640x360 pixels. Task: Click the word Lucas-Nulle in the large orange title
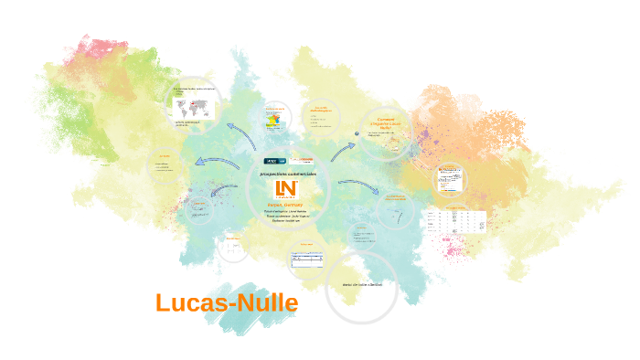pyautogui.click(x=226, y=302)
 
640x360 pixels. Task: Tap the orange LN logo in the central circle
pyautogui.click(x=286, y=190)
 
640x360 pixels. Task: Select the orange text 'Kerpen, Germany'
pyautogui.click(x=286, y=205)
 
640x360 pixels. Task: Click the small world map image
pyautogui.click(x=194, y=106)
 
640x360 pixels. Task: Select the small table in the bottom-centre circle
pyautogui.click(x=306, y=261)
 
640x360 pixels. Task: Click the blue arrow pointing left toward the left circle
pyautogui.click(x=219, y=163)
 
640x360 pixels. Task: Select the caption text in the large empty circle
pyautogui.click(x=361, y=285)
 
